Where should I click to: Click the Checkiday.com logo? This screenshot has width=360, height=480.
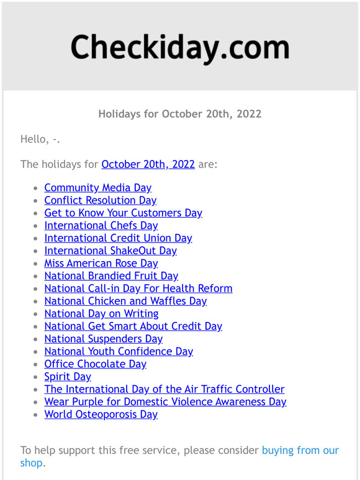click(x=179, y=48)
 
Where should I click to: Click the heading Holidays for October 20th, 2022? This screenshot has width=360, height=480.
click(x=179, y=114)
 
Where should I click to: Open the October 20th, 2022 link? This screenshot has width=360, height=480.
click(x=148, y=164)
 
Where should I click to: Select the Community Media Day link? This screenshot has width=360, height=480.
click(x=97, y=187)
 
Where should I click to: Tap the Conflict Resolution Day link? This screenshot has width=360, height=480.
click(x=100, y=200)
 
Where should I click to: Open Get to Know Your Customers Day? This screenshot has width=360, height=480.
click(x=123, y=213)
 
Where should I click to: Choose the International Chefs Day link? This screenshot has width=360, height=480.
click(x=101, y=225)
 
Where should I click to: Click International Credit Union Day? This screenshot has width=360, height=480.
click(x=118, y=238)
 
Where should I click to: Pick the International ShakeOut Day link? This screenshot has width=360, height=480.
click(x=110, y=251)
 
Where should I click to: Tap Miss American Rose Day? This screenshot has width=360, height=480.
click(x=101, y=263)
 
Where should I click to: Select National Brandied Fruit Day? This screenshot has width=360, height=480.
click(x=111, y=276)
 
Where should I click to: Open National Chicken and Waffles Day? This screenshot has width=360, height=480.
click(x=125, y=301)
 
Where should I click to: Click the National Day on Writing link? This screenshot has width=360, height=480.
click(x=101, y=314)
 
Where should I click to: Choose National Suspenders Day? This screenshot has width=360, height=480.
click(x=103, y=339)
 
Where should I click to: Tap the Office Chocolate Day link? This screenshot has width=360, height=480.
click(x=95, y=364)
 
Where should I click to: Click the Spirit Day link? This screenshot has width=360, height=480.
click(x=68, y=376)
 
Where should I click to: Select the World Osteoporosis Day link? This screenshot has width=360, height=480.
click(x=101, y=414)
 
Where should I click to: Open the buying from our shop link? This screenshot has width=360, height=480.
click(x=300, y=450)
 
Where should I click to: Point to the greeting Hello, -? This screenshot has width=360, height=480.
click(x=40, y=139)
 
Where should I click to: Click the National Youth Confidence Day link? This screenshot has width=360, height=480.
click(x=119, y=352)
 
